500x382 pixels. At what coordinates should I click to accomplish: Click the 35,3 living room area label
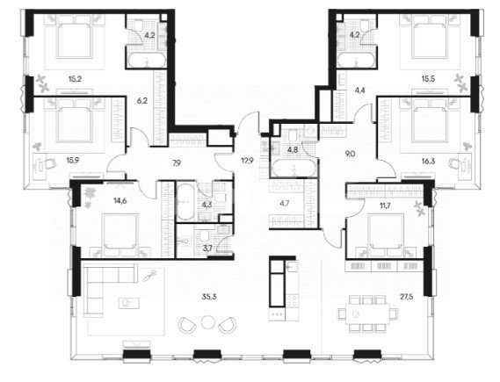click(209, 297)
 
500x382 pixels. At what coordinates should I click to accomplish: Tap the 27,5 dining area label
click(407, 297)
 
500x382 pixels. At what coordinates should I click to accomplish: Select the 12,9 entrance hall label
click(247, 161)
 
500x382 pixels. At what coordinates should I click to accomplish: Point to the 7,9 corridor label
click(177, 162)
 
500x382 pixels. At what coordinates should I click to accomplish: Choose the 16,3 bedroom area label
click(428, 162)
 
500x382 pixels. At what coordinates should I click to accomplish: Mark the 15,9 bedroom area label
click(72, 160)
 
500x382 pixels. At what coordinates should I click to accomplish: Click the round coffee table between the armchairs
click(207, 322)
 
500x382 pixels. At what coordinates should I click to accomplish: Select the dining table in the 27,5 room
click(367, 314)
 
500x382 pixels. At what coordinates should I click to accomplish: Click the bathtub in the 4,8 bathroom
click(293, 168)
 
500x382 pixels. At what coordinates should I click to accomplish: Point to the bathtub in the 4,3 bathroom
click(185, 201)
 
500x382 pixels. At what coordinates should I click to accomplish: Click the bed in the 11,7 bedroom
click(386, 235)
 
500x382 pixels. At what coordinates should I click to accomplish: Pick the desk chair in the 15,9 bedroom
click(50, 163)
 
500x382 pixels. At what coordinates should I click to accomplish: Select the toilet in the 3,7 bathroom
click(204, 235)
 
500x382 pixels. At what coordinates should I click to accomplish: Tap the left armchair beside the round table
click(186, 325)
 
